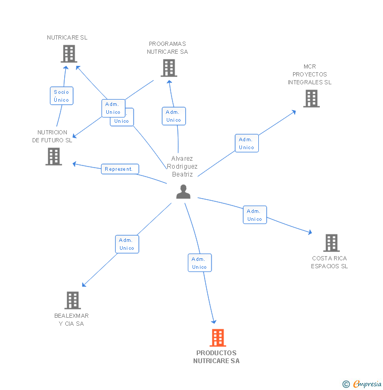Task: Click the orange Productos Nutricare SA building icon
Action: (x=217, y=338)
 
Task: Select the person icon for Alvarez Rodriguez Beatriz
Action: (x=183, y=192)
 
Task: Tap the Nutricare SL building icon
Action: (x=69, y=54)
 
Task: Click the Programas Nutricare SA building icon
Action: (x=168, y=68)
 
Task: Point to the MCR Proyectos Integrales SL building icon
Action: (x=311, y=99)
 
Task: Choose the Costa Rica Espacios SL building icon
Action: (x=331, y=243)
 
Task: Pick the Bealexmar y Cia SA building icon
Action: (x=73, y=300)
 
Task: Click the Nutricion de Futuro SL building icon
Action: (x=54, y=157)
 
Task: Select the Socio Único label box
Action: (x=61, y=96)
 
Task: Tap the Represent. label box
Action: (x=120, y=169)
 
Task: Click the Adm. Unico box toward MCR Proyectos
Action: (x=246, y=143)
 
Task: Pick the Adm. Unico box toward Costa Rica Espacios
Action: (x=255, y=215)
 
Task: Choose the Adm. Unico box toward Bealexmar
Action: (x=127, y=244)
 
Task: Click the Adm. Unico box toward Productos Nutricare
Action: (x=199, y=263)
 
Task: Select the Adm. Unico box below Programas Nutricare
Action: (x=174, y=116)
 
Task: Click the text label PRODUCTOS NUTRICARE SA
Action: (x=216, y=357)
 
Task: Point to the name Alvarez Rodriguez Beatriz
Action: (x=183, y=166)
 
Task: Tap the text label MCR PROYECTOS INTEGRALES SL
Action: (x=309, y=74)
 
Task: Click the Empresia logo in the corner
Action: (x=362, y=384)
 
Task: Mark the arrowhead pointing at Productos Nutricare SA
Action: (x=214, y=321)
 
